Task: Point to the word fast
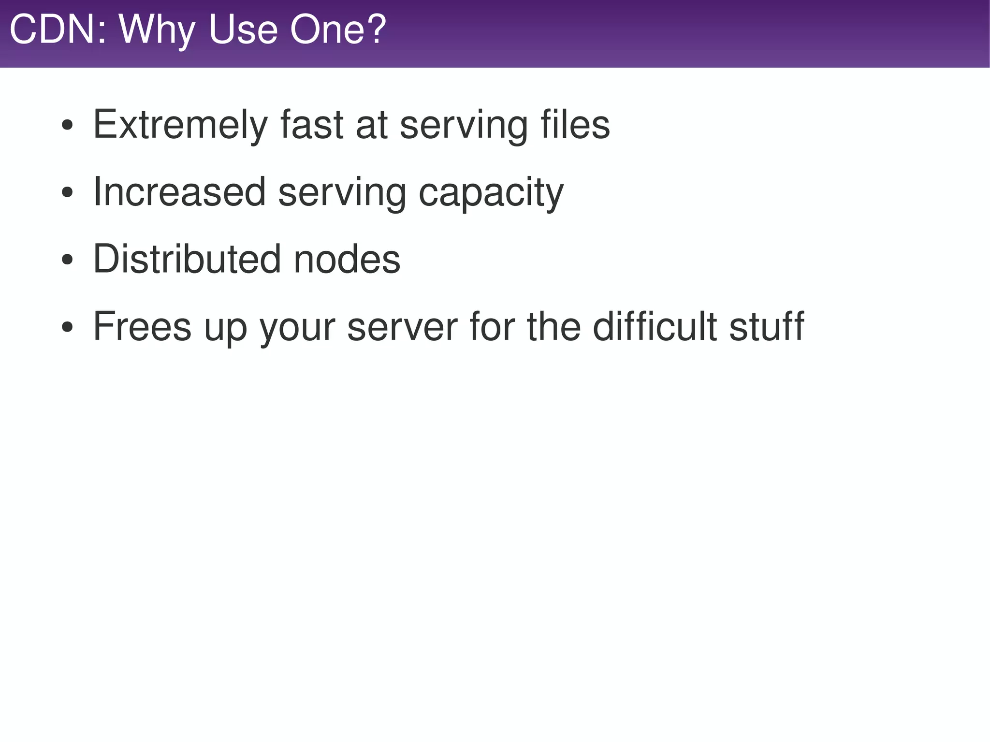click(311, 125)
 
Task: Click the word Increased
click(179, 192)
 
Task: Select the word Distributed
click(187, 259)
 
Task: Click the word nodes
click(347, 259)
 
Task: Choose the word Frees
click(142, 326)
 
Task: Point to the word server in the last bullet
click(402, 327)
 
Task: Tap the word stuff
click(767, 326)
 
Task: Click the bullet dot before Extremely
click(67, 126)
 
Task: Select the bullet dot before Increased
click(67, 193)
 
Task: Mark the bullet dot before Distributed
click(67, 261)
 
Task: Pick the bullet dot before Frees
click(67, 328)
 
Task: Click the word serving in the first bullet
click(464, 126)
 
